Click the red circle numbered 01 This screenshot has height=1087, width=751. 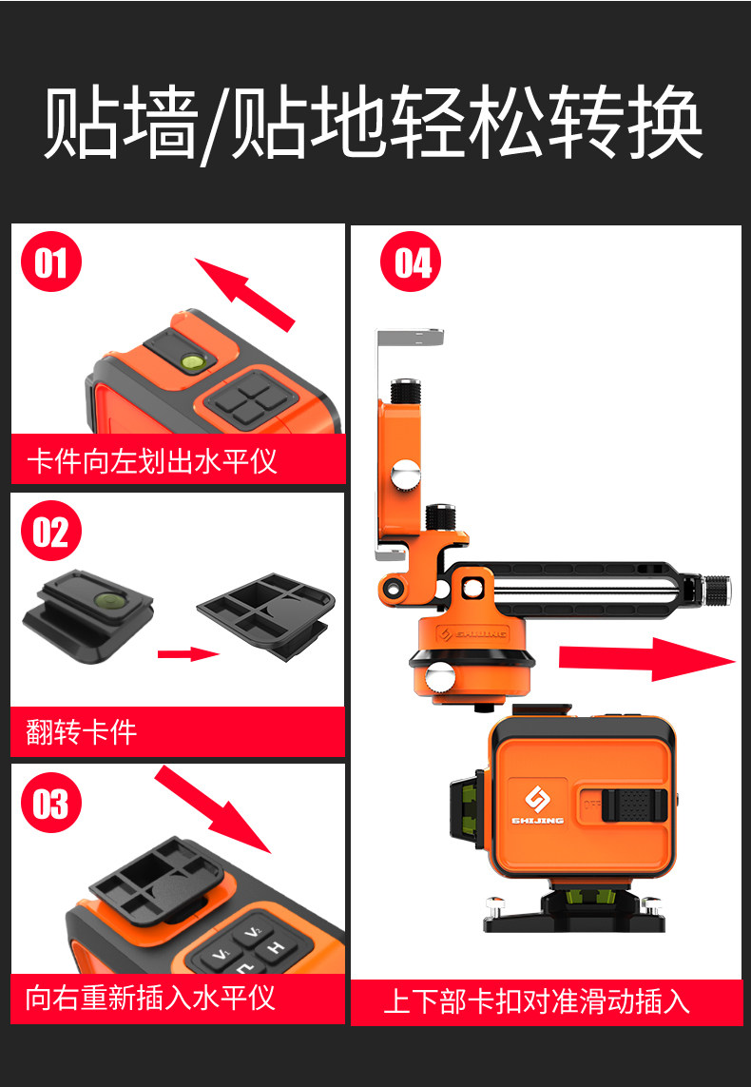click(x=51, y=263)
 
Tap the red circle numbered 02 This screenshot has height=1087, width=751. click(x=51, y=533)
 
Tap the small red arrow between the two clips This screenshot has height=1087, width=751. click(x=188, y=653)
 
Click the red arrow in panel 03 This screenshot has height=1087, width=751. click(x=212, y=809)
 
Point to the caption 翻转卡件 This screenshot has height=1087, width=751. click(x=82, y=732)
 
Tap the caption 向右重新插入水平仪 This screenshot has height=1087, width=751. click(x=150, y=999)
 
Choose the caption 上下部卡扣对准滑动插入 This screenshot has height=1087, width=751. click(x=536, y=1002)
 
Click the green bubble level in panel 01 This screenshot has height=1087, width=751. click(x=191, y=360)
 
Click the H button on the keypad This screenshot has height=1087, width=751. click(x=276, y=947)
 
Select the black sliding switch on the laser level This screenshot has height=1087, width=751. click(x=634, y=805)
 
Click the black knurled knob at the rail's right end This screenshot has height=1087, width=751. click(x=717, y=590)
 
